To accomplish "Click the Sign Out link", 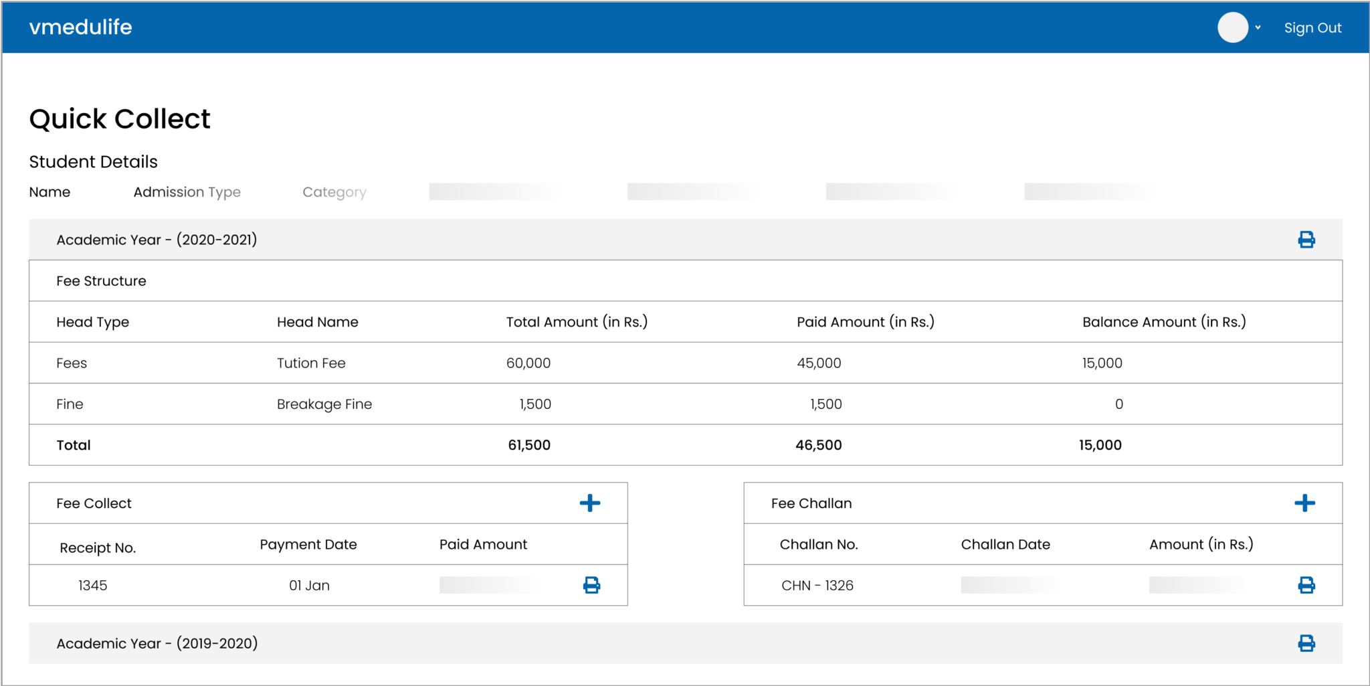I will point(1312,28).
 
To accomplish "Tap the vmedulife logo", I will point(81,27).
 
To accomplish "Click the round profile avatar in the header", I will point(1232,27).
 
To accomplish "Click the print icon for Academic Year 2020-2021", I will point(1306,240).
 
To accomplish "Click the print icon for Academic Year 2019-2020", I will point(1306,643).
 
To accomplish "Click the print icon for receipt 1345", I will point(591,586).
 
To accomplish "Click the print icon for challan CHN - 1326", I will point(1306,586).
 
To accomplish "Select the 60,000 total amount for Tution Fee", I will point(528,363).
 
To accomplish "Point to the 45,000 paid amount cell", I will point(819,363).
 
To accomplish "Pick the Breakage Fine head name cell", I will point(324,404).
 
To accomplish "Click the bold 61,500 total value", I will point(529,445).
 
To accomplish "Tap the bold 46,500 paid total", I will point(818,445).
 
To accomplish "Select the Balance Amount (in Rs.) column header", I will point(1164,322).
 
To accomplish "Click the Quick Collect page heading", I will point(120,119).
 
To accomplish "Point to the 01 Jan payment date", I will point(309,586).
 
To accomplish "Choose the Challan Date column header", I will point(1005,545).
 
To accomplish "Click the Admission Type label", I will point(187,192).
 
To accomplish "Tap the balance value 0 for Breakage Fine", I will point(1118,404).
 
